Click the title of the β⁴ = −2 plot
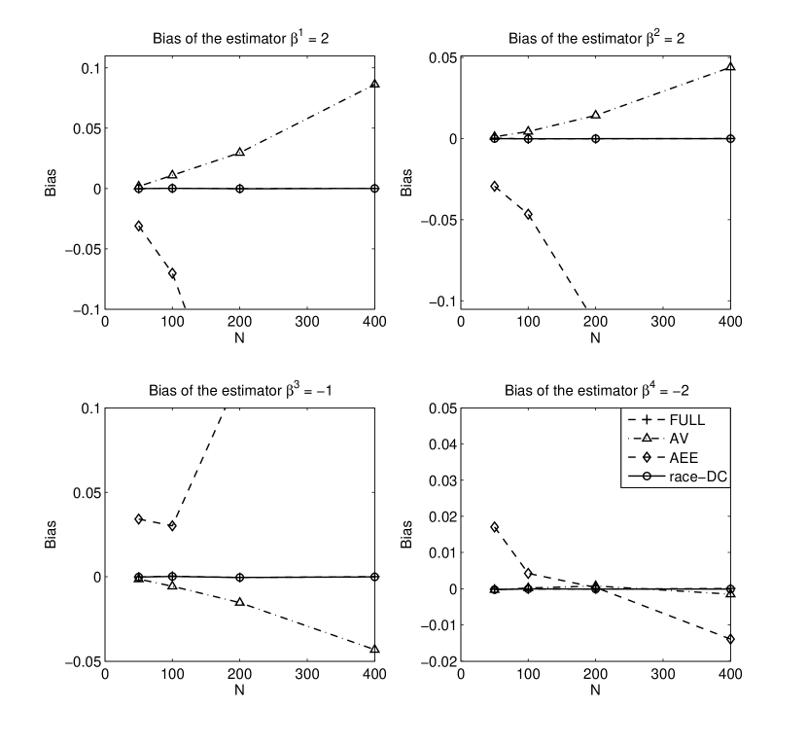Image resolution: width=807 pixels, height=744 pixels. coord(596,390)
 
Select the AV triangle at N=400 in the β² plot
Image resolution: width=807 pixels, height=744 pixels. coord(730,67)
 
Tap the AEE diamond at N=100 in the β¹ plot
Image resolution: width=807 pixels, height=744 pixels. coord(172,273)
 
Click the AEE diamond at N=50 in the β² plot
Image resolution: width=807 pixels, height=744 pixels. coord(495,186)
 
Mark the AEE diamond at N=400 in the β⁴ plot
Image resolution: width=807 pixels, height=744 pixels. coord(730,639)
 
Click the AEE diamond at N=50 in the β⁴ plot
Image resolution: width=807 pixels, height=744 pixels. coord(495,527)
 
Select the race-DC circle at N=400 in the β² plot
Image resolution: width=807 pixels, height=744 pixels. coord(730,138)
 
